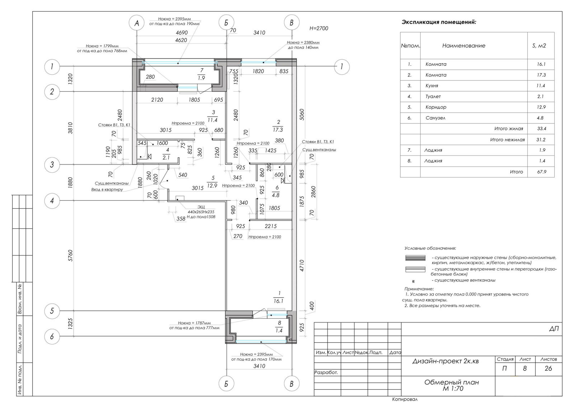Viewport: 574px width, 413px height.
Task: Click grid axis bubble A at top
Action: click(x=136, y=23)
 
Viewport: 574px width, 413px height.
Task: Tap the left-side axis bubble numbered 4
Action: click(x=52, y=201)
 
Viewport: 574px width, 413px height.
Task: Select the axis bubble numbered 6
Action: click(x=52, y=337)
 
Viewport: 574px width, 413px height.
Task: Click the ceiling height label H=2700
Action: click(x=319, y=28)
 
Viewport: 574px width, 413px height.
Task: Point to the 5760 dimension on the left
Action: click(x=70, y=255)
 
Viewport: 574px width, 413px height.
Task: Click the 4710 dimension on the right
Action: click(x=302, y=265)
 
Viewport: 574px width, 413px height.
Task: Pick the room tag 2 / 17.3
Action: click(x=278, y=126)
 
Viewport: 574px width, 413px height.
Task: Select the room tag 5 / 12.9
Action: click(x=212, y=182)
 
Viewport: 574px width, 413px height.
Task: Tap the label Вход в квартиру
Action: click(x=107, y=190)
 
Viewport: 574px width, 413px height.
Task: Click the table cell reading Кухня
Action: click(x=432, y=86)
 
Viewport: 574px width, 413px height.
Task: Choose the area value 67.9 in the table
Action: click(x=542, y=172)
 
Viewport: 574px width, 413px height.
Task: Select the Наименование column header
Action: click(x=464, y=46)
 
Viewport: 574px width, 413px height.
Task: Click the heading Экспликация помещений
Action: click(x=439, y=22)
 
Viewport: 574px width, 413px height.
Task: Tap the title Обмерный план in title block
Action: click(x=452, y=382)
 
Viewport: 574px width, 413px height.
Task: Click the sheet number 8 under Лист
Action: click(x=525, y=368)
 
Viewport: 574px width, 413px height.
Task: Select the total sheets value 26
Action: click(x=548, y=368)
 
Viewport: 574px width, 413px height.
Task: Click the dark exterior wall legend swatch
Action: click(x=415, y=258)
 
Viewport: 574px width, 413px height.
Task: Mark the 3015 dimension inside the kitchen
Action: click(x=165, y=130)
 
